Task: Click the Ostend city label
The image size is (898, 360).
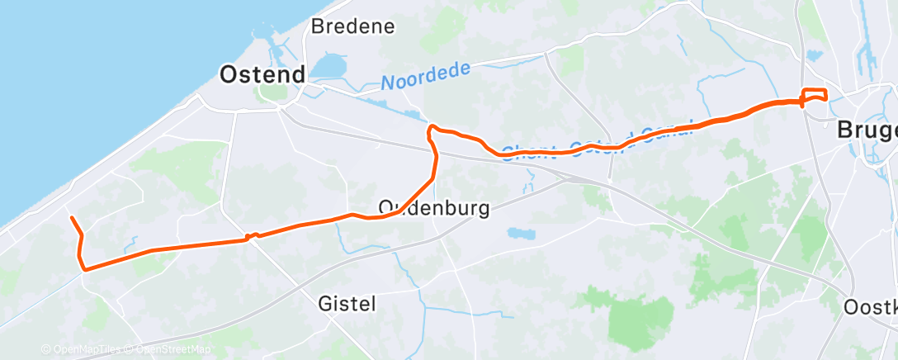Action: (262, 75)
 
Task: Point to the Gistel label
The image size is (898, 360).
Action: (346, 304)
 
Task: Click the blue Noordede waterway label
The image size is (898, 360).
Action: (425, 76)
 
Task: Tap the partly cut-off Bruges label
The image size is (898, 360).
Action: (867, 130)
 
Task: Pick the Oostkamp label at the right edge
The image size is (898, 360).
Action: (871, 307)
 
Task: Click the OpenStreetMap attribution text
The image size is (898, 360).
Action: (168, 350)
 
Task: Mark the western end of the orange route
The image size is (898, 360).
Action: (72, 218)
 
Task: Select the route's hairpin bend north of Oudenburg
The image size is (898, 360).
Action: (431, 129)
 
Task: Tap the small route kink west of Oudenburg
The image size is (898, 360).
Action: (252, 237)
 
